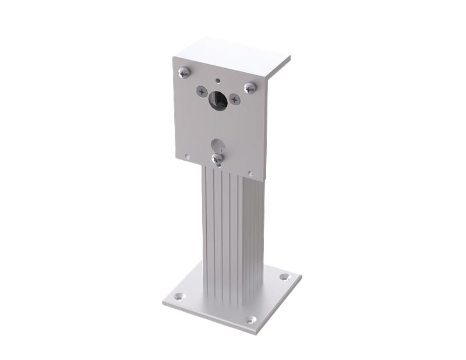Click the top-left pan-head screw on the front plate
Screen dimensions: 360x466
click(x=185, y=72)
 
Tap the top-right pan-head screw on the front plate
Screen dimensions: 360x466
click(x=250, y=88)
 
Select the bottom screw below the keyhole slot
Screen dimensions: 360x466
click(x=217, y=158)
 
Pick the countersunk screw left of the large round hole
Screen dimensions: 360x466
click(x=202, y=91)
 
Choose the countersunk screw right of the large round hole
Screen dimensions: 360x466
click(x=234, y=100)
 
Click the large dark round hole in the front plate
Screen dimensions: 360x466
click(x=218, y=100)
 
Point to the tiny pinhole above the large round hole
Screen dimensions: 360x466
click(x=218, y=80)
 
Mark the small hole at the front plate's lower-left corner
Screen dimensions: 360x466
click(x=187, y=156)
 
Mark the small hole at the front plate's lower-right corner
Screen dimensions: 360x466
click(x=250, y=173)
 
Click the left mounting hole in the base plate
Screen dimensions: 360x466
click(x=179, y=297)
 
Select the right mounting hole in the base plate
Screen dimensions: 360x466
click(x=284, y=277)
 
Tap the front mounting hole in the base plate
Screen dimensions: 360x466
click(x=250, y=319)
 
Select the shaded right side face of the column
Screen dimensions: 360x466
click(x=253, y=239)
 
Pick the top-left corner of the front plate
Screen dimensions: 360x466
click(x=173, y=54)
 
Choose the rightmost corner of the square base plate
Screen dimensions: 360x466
click(x=302, y=284)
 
